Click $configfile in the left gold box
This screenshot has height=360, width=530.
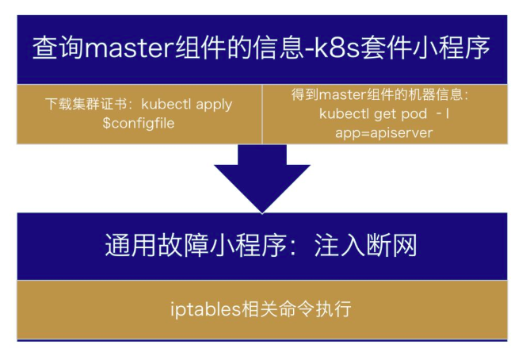tap(139, 124)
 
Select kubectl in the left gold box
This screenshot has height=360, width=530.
tap(167, 105)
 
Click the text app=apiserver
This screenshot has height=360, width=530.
tap(383, 132)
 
